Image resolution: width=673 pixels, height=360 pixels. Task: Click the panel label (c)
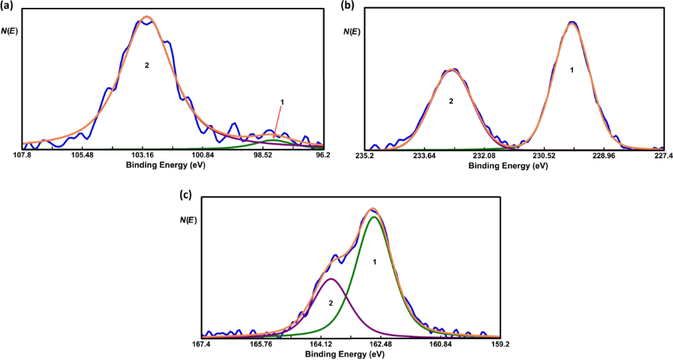click(x=187, y=194)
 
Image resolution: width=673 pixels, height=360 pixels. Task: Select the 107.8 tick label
click(x=22, y=156)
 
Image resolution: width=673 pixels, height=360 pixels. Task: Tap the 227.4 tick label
click(x=662, y=156)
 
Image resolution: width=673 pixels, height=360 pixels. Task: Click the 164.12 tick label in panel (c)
click(x=320, y=344)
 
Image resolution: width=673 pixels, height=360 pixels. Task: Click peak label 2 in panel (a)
click(x=147, y=66)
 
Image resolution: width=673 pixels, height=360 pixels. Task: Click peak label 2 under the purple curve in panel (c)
click(x=331, y=303)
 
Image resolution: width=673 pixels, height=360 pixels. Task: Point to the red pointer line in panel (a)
click(x=278, y=122)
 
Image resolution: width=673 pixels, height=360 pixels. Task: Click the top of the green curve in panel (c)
click(x=374, y=217)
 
